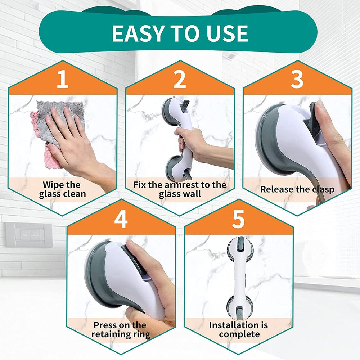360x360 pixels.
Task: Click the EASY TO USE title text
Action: coord(180,33)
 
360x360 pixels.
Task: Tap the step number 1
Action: coord(62,80)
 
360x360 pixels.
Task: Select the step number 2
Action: coord(180,80)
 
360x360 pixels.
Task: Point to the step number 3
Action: coord(297,80)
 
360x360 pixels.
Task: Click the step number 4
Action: coord(121,220)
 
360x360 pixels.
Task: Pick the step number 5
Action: coord(238,220)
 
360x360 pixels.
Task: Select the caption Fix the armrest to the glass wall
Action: coord(180,189)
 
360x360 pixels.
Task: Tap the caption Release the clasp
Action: coord(297,189)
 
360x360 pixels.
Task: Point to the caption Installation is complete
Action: coord(239,329)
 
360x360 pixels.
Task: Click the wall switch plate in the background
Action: coord(29,234)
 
